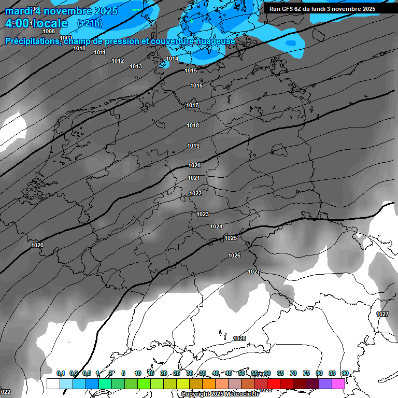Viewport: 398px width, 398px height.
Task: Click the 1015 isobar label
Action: [x=191, y=70]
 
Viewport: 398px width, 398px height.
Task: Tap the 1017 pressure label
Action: [x=192, y=105]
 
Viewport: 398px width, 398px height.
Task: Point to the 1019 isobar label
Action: [x=193, y=146]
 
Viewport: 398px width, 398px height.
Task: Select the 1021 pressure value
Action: [x=194, y=178]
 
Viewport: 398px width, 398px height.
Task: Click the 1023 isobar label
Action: [x=203, y=214]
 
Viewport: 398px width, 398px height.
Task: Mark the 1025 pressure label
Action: [x=231, y=238]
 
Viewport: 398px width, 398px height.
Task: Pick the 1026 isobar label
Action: [x=234, y=255]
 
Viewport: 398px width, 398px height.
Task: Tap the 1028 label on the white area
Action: [x=239, y=338]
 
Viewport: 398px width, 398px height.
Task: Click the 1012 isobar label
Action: [x=118, y=61]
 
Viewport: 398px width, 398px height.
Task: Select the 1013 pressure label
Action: [x=136, y=66]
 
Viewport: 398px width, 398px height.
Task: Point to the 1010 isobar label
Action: [x=79, y=48]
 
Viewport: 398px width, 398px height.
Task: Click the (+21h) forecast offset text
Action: [x=90, y=23]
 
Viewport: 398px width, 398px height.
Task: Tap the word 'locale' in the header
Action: [x=50, y=23]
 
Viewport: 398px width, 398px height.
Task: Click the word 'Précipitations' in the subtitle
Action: [x=32, y=41]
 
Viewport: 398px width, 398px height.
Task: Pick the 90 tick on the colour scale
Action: [x=345, y=373]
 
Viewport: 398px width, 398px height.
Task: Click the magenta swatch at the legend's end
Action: [x=338, y=383]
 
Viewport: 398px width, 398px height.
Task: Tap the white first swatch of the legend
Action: [x=53, y=383]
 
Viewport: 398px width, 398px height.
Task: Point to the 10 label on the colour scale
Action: [x=138, y=373]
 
